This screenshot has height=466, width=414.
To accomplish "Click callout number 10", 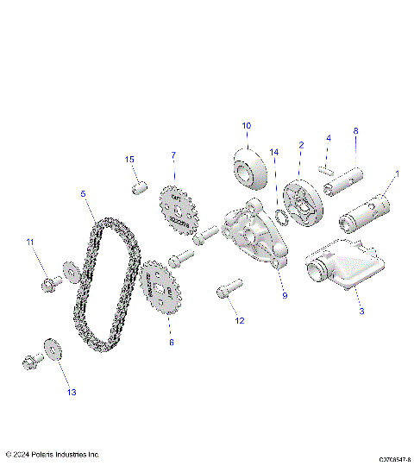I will [x=246, y=126].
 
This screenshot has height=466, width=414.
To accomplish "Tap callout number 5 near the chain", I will [x=83, y=194].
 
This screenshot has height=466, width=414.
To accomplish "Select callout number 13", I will [x=72, y=392].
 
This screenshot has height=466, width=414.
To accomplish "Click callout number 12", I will [x=240, y=320].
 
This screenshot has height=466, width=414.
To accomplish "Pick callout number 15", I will [x=130, y=160].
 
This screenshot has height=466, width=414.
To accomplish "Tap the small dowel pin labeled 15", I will [x=138, y=187].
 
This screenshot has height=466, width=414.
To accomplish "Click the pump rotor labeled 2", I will [x=303, y=199].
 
